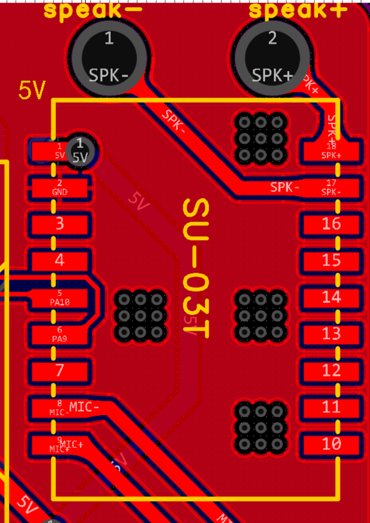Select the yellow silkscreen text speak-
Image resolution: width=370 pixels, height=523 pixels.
[x=93, y=11]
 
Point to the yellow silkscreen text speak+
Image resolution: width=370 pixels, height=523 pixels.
[x=298, y=11]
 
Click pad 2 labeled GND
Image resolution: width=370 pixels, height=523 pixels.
[x=60, y=187]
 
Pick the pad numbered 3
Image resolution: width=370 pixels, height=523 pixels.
[x=60, y=224]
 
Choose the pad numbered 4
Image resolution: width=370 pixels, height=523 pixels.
[x=60, y=260]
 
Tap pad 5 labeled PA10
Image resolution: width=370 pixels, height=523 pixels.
[x=60, y=297]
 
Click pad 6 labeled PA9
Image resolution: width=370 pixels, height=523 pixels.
[x=60, y=334]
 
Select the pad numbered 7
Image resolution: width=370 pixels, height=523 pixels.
[x=60, y=370]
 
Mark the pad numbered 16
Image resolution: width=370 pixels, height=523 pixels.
[x=332, y=224]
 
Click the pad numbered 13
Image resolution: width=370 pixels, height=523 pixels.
[x=332, y=334]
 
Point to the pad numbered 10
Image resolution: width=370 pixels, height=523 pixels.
[x=332, y=444]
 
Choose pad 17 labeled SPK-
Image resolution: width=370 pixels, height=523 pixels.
[x=332, y=187]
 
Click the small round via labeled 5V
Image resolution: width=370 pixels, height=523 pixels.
[x=80, y=152]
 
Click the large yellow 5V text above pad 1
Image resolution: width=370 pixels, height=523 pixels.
[x=32, y=90]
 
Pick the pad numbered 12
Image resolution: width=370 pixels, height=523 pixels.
[x=332, y=370]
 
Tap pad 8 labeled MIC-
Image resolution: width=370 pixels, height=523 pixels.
[x=60, y=408]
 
